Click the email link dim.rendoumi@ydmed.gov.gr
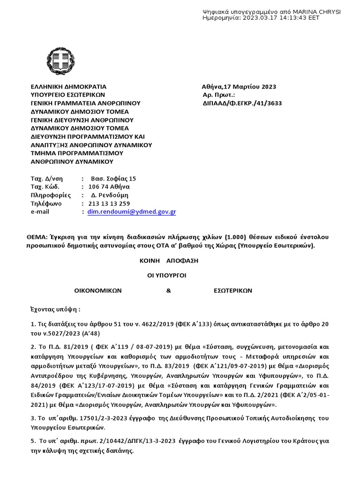point(132,212)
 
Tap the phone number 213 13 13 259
point(105,203)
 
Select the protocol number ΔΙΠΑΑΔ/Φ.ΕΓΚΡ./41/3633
point(242,104)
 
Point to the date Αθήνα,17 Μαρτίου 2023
point(239,87)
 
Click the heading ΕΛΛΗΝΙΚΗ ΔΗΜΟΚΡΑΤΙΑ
point(68,87)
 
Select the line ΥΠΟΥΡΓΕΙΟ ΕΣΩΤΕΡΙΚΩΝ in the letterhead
point(69,95)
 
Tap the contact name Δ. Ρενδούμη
point(109,195)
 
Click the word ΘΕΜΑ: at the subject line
point(37,237)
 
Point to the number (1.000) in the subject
point(239,237)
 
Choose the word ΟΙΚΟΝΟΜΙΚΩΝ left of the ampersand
point(98,291)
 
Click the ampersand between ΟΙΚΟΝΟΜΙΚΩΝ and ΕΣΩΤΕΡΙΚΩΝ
point(169,291)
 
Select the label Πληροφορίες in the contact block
point(51,195)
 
